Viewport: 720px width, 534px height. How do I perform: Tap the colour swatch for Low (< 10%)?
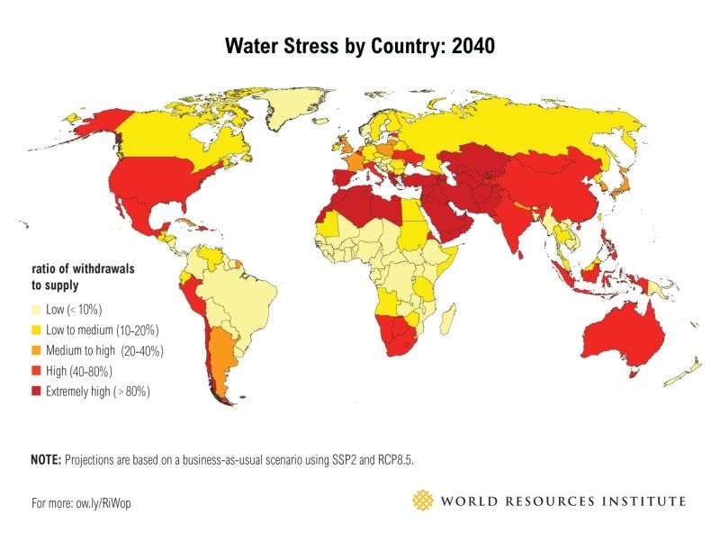tap(38, 310)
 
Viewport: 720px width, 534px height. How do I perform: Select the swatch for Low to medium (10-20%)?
tap(38, 330)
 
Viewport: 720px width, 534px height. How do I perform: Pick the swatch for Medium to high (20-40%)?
tap(38, 350)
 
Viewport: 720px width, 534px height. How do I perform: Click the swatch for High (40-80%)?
tap(38, 371)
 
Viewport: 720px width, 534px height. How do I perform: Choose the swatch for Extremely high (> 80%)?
tap(38, 392)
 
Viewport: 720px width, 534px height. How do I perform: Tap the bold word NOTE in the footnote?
tap(46, 460)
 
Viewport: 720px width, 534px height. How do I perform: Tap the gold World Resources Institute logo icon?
tap(422, 501)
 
